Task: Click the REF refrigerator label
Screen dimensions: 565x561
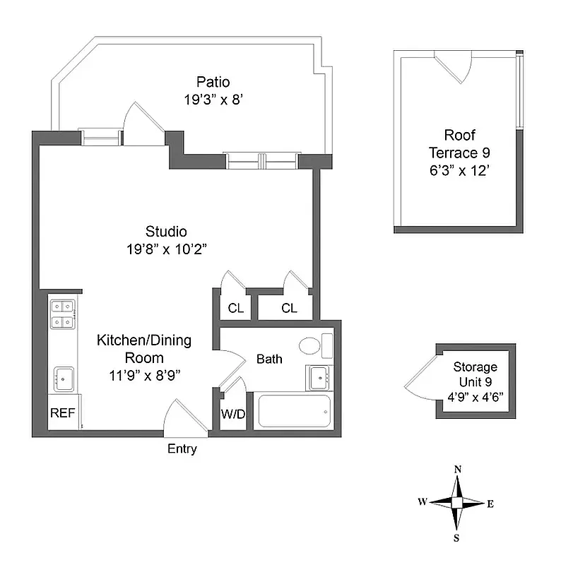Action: click(62, 414)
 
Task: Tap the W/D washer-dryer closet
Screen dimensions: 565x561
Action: click(232, 414)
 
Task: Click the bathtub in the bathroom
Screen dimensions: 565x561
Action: click(294, 411)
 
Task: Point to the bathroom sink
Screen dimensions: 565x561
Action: click(319, 377)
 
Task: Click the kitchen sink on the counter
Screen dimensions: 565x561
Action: click(64, 379)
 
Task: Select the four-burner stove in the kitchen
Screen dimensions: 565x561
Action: click(64, 314)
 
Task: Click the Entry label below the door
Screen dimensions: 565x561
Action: click(182, 449)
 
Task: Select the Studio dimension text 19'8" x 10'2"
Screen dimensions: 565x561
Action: click(166, 249)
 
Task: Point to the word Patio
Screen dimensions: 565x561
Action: click(213, 82)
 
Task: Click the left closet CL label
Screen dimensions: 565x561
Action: click(235, 308)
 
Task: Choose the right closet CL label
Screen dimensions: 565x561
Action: click(289, 308)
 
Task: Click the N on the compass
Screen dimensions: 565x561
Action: click(458, 470)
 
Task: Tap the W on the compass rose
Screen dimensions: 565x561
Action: click(422, 502)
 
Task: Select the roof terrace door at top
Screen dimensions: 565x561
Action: click(453, 68)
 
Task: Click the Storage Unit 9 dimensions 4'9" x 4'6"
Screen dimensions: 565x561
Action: click(476, 397)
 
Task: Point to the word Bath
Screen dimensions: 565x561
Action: click(269, 359)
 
